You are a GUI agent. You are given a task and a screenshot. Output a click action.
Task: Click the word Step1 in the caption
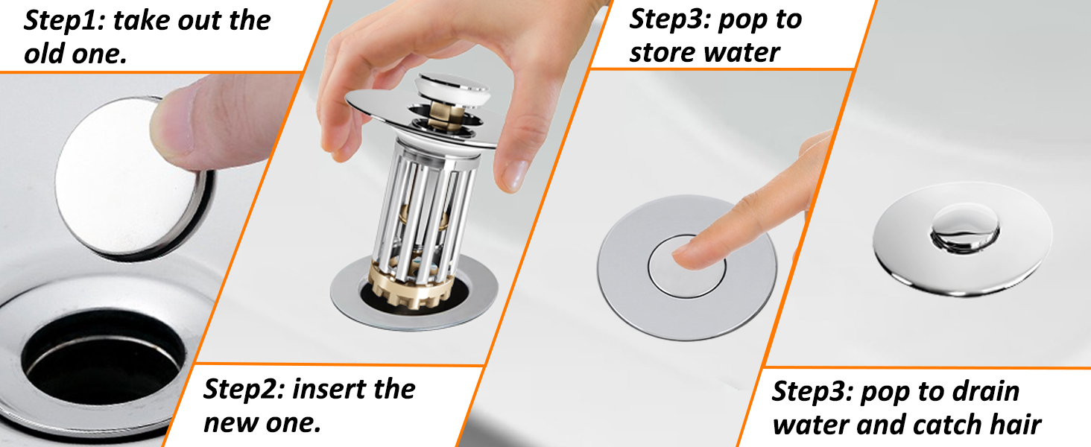(x=64, y=21)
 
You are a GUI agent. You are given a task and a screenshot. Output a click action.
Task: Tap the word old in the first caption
(x=44, y=54)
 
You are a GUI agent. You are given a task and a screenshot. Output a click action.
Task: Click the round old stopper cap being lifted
(x=131, y=178)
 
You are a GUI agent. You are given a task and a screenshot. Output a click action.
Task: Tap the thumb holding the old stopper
(x=215, y=121)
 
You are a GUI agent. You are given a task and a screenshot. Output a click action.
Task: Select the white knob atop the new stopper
(x=452, y=91)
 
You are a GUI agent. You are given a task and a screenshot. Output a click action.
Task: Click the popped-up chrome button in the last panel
(x=964, y=228)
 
